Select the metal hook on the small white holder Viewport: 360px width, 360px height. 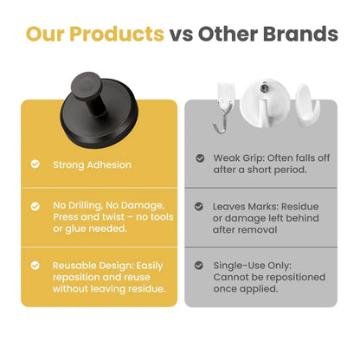tap(222, 125)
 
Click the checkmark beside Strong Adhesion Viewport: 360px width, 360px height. tap(35, 164)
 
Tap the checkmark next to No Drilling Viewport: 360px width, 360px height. tap(35, 207)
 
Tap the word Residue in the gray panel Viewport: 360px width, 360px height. tap(302, 207)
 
